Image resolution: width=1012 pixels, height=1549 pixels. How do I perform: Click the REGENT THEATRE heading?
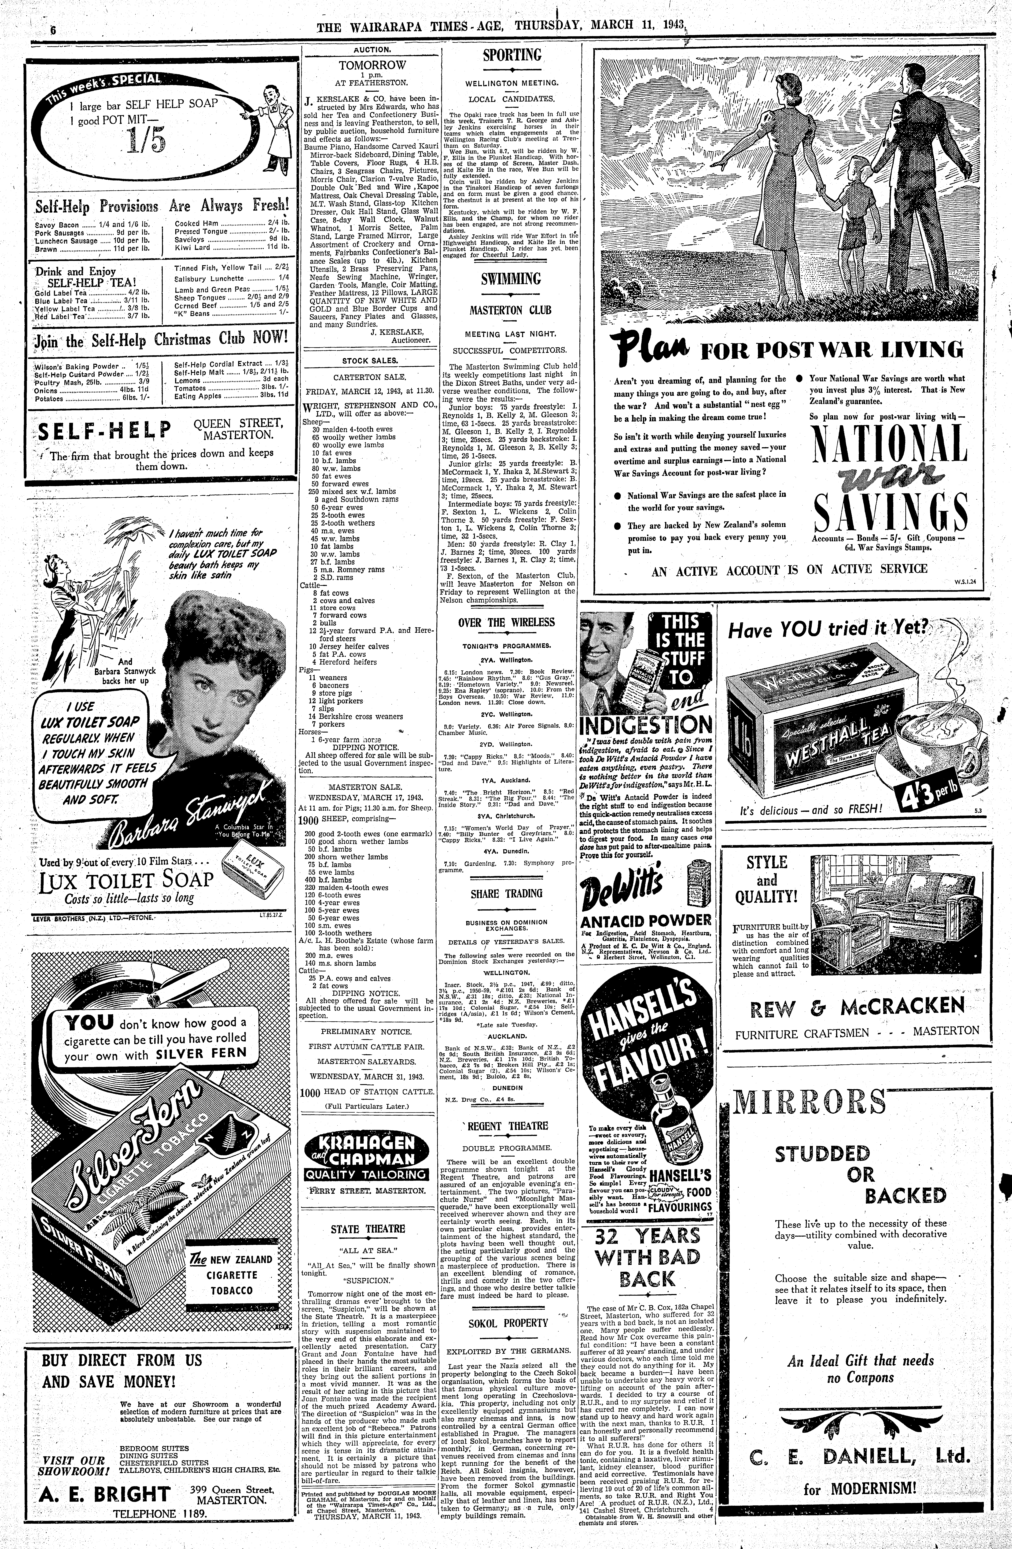(506, 1125)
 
